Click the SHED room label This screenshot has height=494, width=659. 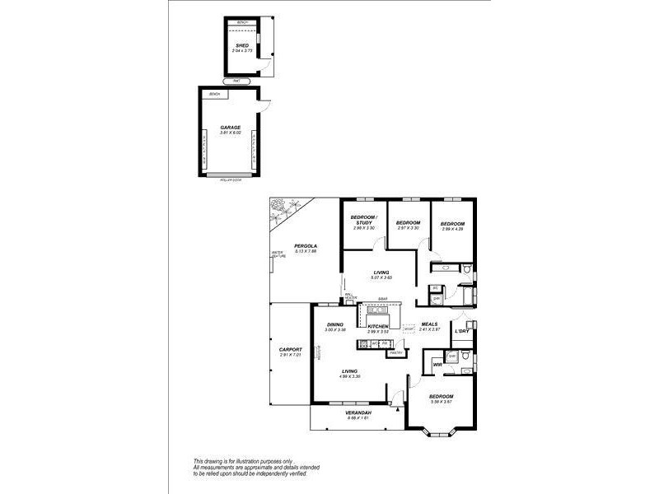(242, 45)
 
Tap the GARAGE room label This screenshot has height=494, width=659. (230, 128)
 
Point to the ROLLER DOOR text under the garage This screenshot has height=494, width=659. (230, 179)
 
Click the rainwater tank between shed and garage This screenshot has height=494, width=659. (237, 81)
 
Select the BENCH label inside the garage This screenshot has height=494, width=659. (215, 94)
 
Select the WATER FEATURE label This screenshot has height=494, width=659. (278, 255)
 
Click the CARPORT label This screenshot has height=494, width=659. (291, 349)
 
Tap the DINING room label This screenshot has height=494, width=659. (334, 324)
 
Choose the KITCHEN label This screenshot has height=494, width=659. (377, 326)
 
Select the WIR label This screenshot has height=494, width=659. (437, 364)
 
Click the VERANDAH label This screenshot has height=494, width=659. (358, 412)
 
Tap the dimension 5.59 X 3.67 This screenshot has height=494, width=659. (442, 403)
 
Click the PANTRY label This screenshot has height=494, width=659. (395, 352)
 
